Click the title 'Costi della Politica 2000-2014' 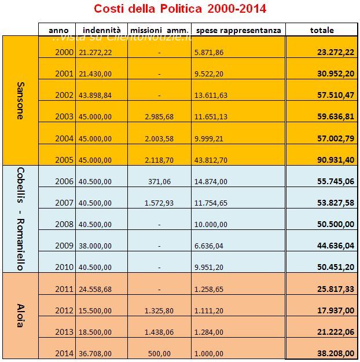pyautogui.click(x=180, y=9)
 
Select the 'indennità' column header pyautogui.click(x=101, y=30)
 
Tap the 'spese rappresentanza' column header pyautogui.click(x=238, y=30)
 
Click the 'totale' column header pyautogui.click(x=322, y=30)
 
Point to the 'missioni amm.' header pyautogui.click(x=159, y=30)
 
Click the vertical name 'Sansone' pyautogui.click(x=20, y=100)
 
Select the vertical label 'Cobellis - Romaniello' pyautogui.click(x=20, y=219)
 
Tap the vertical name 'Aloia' pyautogui.click(x=20, y=315)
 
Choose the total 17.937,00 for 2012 pyautogui.click(x=336, y=310)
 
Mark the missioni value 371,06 pyautogui.click(x=159, y=182)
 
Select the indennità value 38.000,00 pyautogui.click(x=95, y=246)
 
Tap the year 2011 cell pyautogui.click(x=64, y=289)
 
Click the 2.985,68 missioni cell pyautogui.click(x=159, y=117)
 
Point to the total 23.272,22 pyautogui.click(x=335, y=52)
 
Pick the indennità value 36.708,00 pyautogui.click(x=95, y=353)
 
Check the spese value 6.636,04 pyautogui.click(x=209, y=246)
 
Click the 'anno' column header pyautogui.click(x=58, y=30)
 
